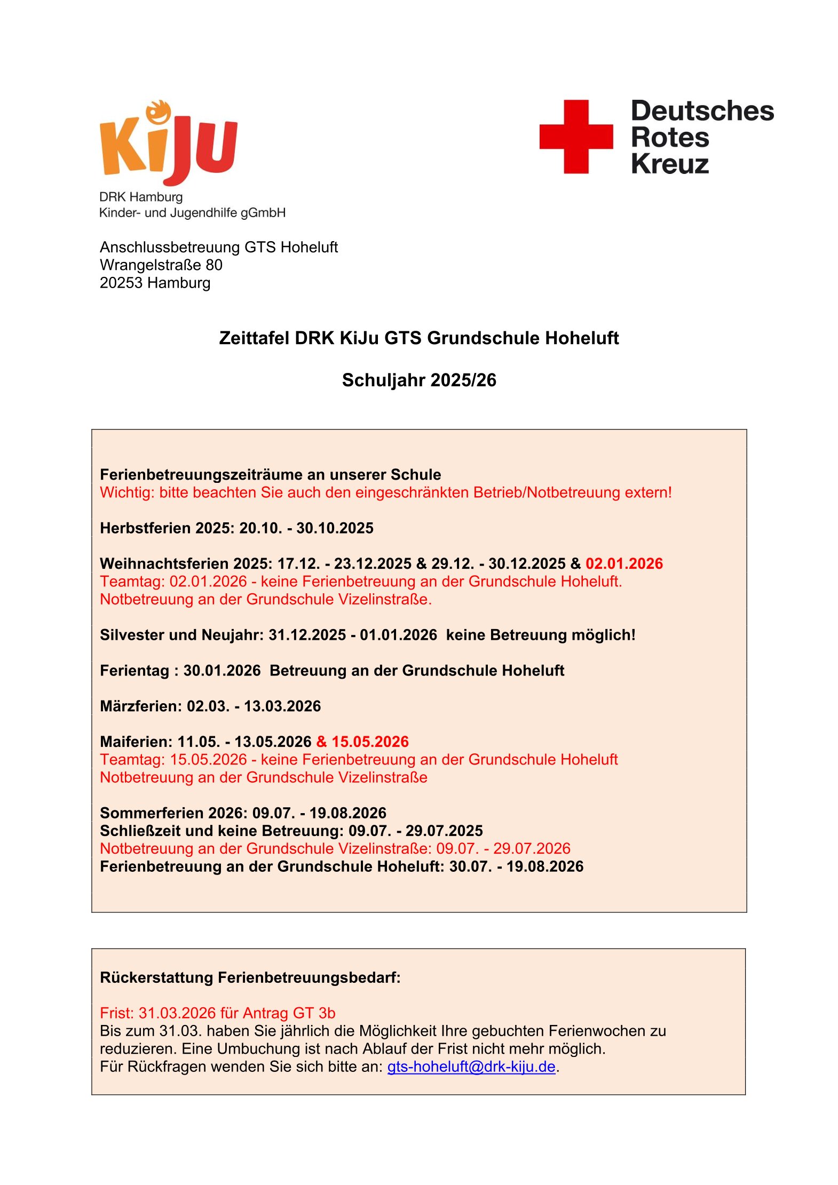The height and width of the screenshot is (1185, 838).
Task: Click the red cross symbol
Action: [x=576, y=137]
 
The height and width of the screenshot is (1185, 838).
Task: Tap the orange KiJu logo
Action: [x=168, y=143]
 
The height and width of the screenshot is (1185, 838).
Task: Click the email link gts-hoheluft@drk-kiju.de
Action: [x=471, y=1067]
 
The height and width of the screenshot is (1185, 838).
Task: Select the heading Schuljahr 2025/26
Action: [x=419, y=380]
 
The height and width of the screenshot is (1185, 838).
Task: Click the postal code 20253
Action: [x=121, y=283]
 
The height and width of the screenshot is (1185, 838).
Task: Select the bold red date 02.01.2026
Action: [x=624, y=564]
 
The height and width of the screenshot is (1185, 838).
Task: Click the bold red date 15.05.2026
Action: [x=370, y=742]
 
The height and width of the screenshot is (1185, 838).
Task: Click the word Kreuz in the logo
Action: [x=670, y=164]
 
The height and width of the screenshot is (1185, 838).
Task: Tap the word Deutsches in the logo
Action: [x=702, y=111]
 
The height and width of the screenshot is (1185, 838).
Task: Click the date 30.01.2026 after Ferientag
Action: [x=222, y=671]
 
